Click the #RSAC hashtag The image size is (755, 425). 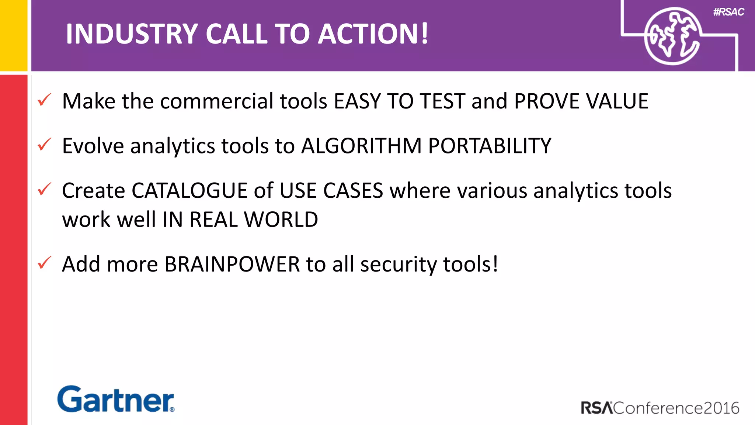728,12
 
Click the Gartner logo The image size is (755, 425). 116,399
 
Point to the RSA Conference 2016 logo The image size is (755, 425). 660,408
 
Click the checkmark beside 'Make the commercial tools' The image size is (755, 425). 44,100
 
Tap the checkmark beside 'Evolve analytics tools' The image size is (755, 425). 44,145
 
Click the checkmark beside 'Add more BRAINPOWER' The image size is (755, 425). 44,263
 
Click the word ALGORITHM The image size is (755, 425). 361,146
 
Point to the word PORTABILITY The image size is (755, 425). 490,146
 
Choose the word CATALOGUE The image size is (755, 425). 189,191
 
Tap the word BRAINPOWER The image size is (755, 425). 232,265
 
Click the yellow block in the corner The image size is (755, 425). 14,35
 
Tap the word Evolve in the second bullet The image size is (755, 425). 93,146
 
